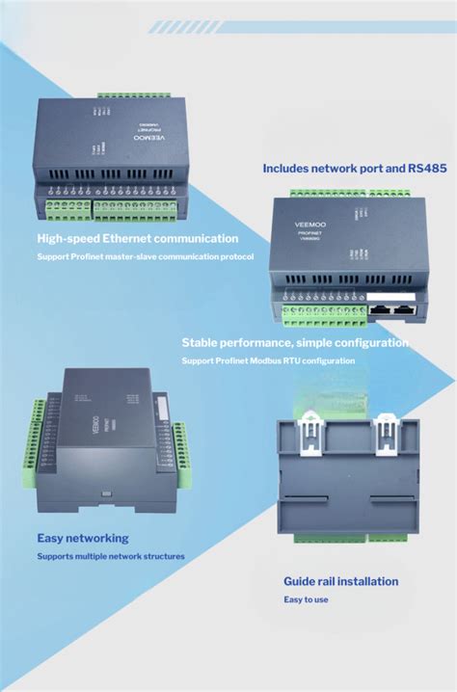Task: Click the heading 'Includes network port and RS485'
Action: pyautogui.click(x=354, y=169)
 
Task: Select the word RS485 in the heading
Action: pyautogui.click(x=425, y=169)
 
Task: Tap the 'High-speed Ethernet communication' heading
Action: pyautogui.click(x=137, y=238)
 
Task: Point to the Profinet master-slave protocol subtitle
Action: pyautogui.click(x=145, y=256)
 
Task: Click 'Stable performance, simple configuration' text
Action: pyautogui.click(x=295, y=343)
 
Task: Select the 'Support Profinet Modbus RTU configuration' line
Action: pyautogui.click(x=268, y=360)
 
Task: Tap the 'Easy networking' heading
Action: pyautogui.click(x=82, y=538)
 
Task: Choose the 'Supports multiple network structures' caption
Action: pyautogui.click(x=111, y=556)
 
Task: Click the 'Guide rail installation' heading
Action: pyautogui.click(x=340, y=581)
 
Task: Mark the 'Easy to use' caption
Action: pyautogui.click(x=306, y=599)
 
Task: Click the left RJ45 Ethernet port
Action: pyautogui.click(x=382, y=310)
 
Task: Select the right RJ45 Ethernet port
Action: pyautogui.click(x=407, y=310)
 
